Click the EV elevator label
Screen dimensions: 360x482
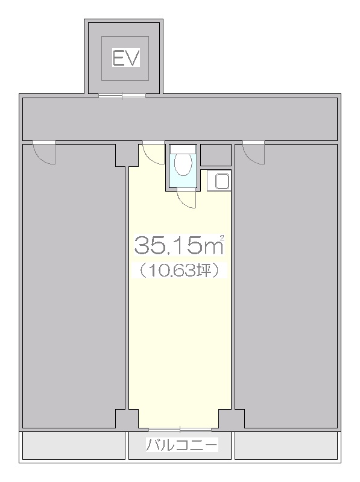click(126, 58)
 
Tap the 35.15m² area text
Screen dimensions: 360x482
click(178, 245)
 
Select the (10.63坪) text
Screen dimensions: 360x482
click(179, 270)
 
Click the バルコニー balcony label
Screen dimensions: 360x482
click(182, 445)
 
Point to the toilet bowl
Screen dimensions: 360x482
click(183, 164)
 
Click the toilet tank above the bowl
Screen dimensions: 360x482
click(183, 149)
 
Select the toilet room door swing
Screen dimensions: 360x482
click(186, 199)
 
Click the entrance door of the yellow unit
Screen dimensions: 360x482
click(153, 154)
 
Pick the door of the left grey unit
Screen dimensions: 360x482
click(44, 153)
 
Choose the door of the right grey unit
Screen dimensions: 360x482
click(253, 153)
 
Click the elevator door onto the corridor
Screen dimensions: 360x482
click(122, 96)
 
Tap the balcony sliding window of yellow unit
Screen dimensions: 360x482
click(180, 430)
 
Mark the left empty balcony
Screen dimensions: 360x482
click(74, 445)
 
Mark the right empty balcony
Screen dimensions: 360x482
click(286, 445)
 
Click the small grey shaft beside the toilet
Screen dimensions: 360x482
click(216, 155)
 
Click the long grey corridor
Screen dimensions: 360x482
click(180, 119)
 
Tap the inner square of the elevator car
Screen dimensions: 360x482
click(125, 58)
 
